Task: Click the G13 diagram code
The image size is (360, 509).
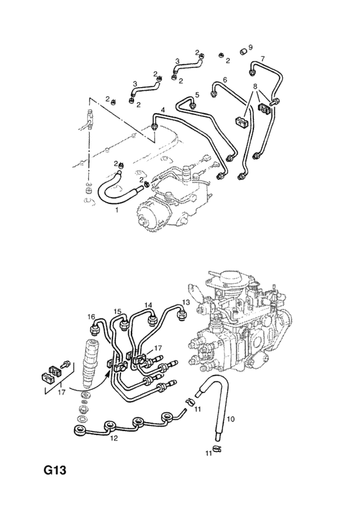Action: point(54,470)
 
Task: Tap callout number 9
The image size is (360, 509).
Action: point(250,47)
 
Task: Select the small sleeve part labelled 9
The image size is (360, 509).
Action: point(243,52)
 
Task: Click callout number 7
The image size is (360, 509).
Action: point(262,59)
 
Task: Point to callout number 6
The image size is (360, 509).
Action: point(225,80)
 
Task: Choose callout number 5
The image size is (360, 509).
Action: point(197,94)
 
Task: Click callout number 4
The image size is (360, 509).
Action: point(163,111)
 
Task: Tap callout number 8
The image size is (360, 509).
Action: point(255,86)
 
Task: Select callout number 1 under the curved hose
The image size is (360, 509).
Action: point(117,210)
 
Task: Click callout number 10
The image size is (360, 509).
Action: point(230,419)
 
